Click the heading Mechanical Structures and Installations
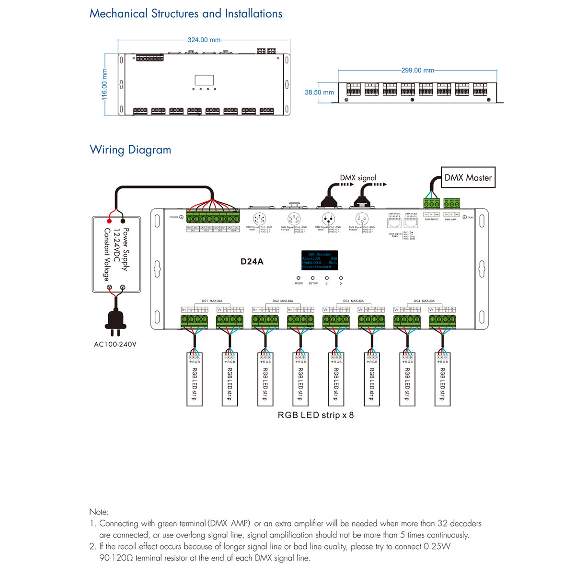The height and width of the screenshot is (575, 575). (186, 14)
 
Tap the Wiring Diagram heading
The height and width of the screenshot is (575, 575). (130, 150)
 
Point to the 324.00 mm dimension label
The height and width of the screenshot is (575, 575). (204, 40)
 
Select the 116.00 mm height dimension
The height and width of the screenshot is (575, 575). (104, 84)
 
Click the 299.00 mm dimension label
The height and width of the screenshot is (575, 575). (418, 70)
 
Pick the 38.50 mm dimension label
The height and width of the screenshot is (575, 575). (319, 92)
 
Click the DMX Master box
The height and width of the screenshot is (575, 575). (468, 178)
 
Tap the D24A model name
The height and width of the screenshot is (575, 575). (252, 262)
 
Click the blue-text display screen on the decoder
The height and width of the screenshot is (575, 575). (320, 260)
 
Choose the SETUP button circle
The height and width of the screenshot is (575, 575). (313, 278)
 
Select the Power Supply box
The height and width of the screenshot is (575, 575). (116, 254)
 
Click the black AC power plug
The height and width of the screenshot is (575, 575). (115, 321)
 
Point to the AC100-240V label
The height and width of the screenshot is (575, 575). (115, 344)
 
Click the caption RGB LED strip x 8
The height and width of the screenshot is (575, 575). (316, 415)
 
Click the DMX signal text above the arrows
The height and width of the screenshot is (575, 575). (358, 178)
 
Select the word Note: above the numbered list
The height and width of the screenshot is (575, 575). (99, 512)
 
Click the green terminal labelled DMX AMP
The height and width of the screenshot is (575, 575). (452, 203)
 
